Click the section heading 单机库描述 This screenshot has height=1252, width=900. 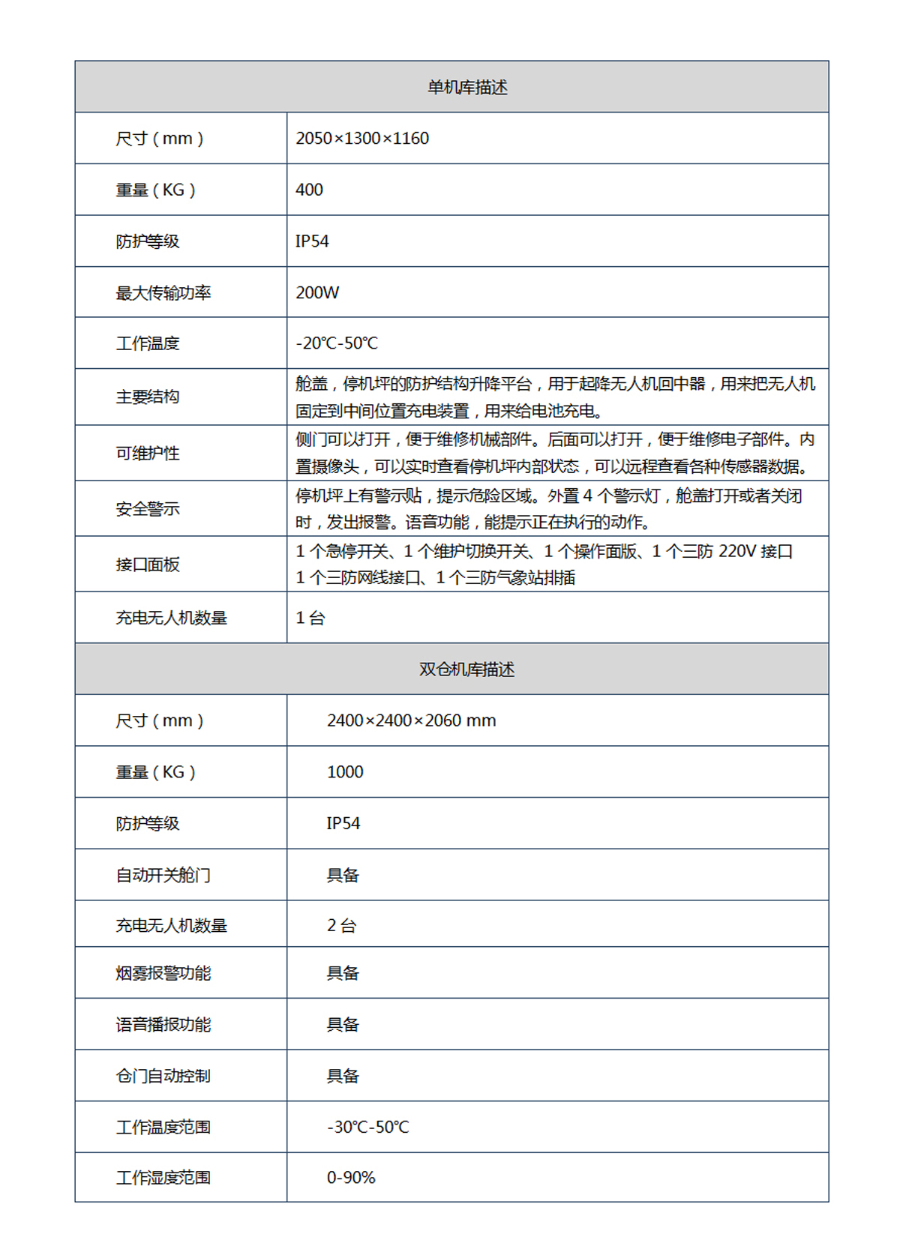(x=466, y=88)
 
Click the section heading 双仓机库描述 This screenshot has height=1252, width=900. (x=466, y=669)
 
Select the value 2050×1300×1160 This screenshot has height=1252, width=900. (x=362, y=139)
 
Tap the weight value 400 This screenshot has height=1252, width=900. (x=309, y=190)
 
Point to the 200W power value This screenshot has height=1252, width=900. (x=317, y=293)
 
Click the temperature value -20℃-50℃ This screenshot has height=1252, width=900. (x=337, y=343)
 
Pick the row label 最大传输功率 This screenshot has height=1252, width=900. (x=163, y=293)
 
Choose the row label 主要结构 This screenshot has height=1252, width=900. (x=147, y=397)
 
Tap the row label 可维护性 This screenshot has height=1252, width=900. (x=147, y=454)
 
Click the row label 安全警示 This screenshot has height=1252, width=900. (x=147, y=509)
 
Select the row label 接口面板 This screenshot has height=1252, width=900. (x=147, y=565)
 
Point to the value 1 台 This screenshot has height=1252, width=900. (x=310, y=619)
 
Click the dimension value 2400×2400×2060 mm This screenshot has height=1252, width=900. (x=411, y=721)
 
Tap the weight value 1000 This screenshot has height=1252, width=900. (x=345, y=772)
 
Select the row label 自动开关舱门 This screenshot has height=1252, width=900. (x=163, y=876)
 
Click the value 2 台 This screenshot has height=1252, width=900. (x=341, y=926)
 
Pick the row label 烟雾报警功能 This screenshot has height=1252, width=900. (x=163, y=973)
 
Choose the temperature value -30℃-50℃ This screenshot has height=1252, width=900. (x=367, y=1128)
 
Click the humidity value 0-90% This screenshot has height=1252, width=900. (x=350, y=1178)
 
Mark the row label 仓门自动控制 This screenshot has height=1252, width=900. (x=163, y=1077)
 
